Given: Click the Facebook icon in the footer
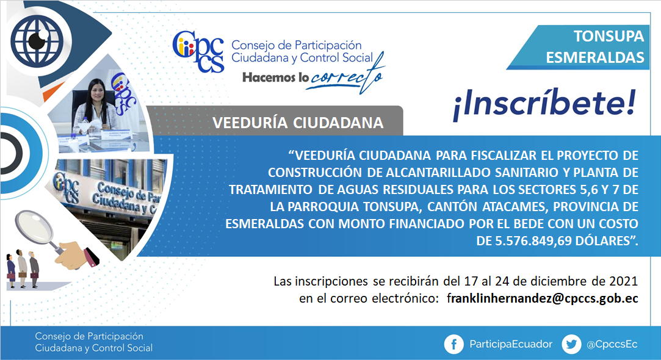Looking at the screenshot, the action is [454, 344].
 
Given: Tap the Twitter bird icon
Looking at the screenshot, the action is [572, 344].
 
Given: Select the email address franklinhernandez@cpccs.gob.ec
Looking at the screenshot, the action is [543, 298].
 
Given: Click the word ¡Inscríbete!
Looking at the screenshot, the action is [544, 104].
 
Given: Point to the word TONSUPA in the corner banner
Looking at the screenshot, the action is [609, 36].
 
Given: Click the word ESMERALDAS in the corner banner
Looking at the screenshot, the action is [595, 57].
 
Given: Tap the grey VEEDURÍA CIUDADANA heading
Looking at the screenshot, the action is [298, 123].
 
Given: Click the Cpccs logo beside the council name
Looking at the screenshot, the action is [198, 51].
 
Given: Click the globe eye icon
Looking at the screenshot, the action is [37, 40].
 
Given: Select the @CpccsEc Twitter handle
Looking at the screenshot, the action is [612, 344].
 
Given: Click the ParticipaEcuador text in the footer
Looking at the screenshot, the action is [511, 344].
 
